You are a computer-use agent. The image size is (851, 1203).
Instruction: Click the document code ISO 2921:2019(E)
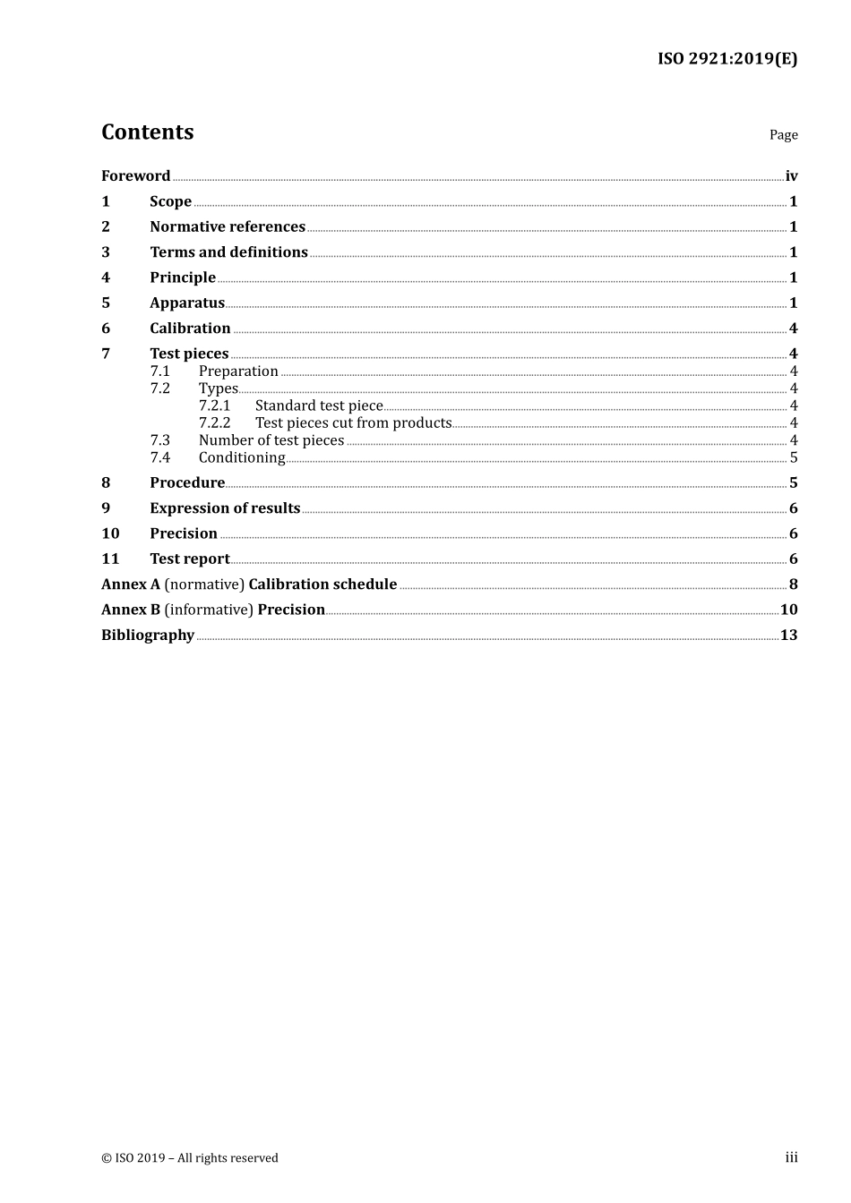point(726,59)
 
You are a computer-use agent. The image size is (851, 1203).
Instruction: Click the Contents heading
point(147,132)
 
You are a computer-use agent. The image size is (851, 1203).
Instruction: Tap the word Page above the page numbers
point(783,135)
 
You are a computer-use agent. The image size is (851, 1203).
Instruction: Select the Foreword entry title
point(135,176)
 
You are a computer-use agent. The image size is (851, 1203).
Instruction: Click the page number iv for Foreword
point(791,176)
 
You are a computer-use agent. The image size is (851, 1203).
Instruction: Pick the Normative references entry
point(228,227)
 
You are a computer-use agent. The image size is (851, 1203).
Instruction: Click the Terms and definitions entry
point(228,252)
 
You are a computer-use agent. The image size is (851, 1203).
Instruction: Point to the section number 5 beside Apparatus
point(106,303)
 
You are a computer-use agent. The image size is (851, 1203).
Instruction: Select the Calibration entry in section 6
point(190,328)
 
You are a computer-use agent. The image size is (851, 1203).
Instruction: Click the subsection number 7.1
point(159,371)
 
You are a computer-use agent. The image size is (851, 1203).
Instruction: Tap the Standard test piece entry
point(319,406)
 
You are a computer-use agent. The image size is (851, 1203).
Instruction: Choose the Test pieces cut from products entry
point(353,423)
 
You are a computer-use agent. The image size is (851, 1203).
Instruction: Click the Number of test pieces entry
point(271,440)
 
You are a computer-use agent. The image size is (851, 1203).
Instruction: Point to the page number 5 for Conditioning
point(794,458)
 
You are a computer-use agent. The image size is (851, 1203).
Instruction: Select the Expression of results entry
point(225,508)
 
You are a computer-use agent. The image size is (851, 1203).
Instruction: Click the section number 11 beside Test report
point(110,559)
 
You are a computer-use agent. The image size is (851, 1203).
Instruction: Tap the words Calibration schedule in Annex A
point(322,584)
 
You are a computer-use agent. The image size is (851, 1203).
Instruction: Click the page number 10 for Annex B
point(788,610)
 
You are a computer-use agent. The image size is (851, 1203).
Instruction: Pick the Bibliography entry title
point(148,636)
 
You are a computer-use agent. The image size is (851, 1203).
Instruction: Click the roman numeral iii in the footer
point(791,1157)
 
